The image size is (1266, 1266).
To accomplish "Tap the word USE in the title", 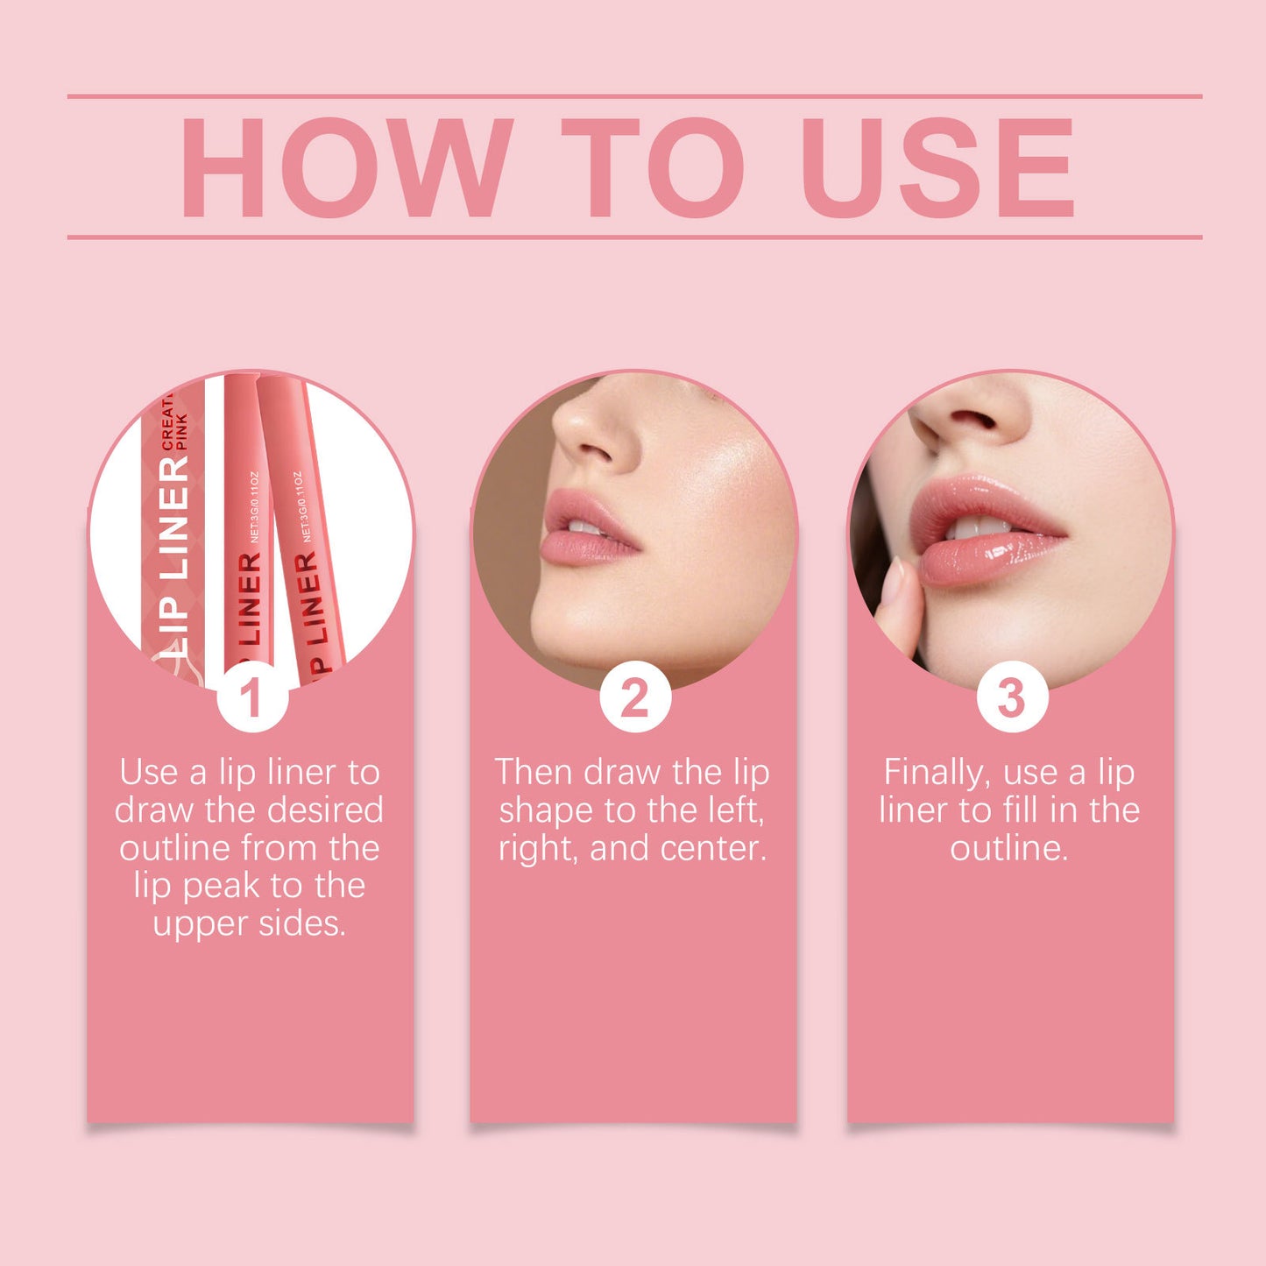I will tap(937, 166).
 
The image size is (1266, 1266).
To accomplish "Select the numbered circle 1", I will tap(251, 697).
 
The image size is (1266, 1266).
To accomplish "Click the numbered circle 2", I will tap(634, 697).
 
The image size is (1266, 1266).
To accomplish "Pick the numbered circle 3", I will tap(1012, 697).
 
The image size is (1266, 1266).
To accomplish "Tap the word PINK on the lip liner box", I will tap(182, 432).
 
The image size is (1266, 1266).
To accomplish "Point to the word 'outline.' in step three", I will tap(1009, 848).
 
